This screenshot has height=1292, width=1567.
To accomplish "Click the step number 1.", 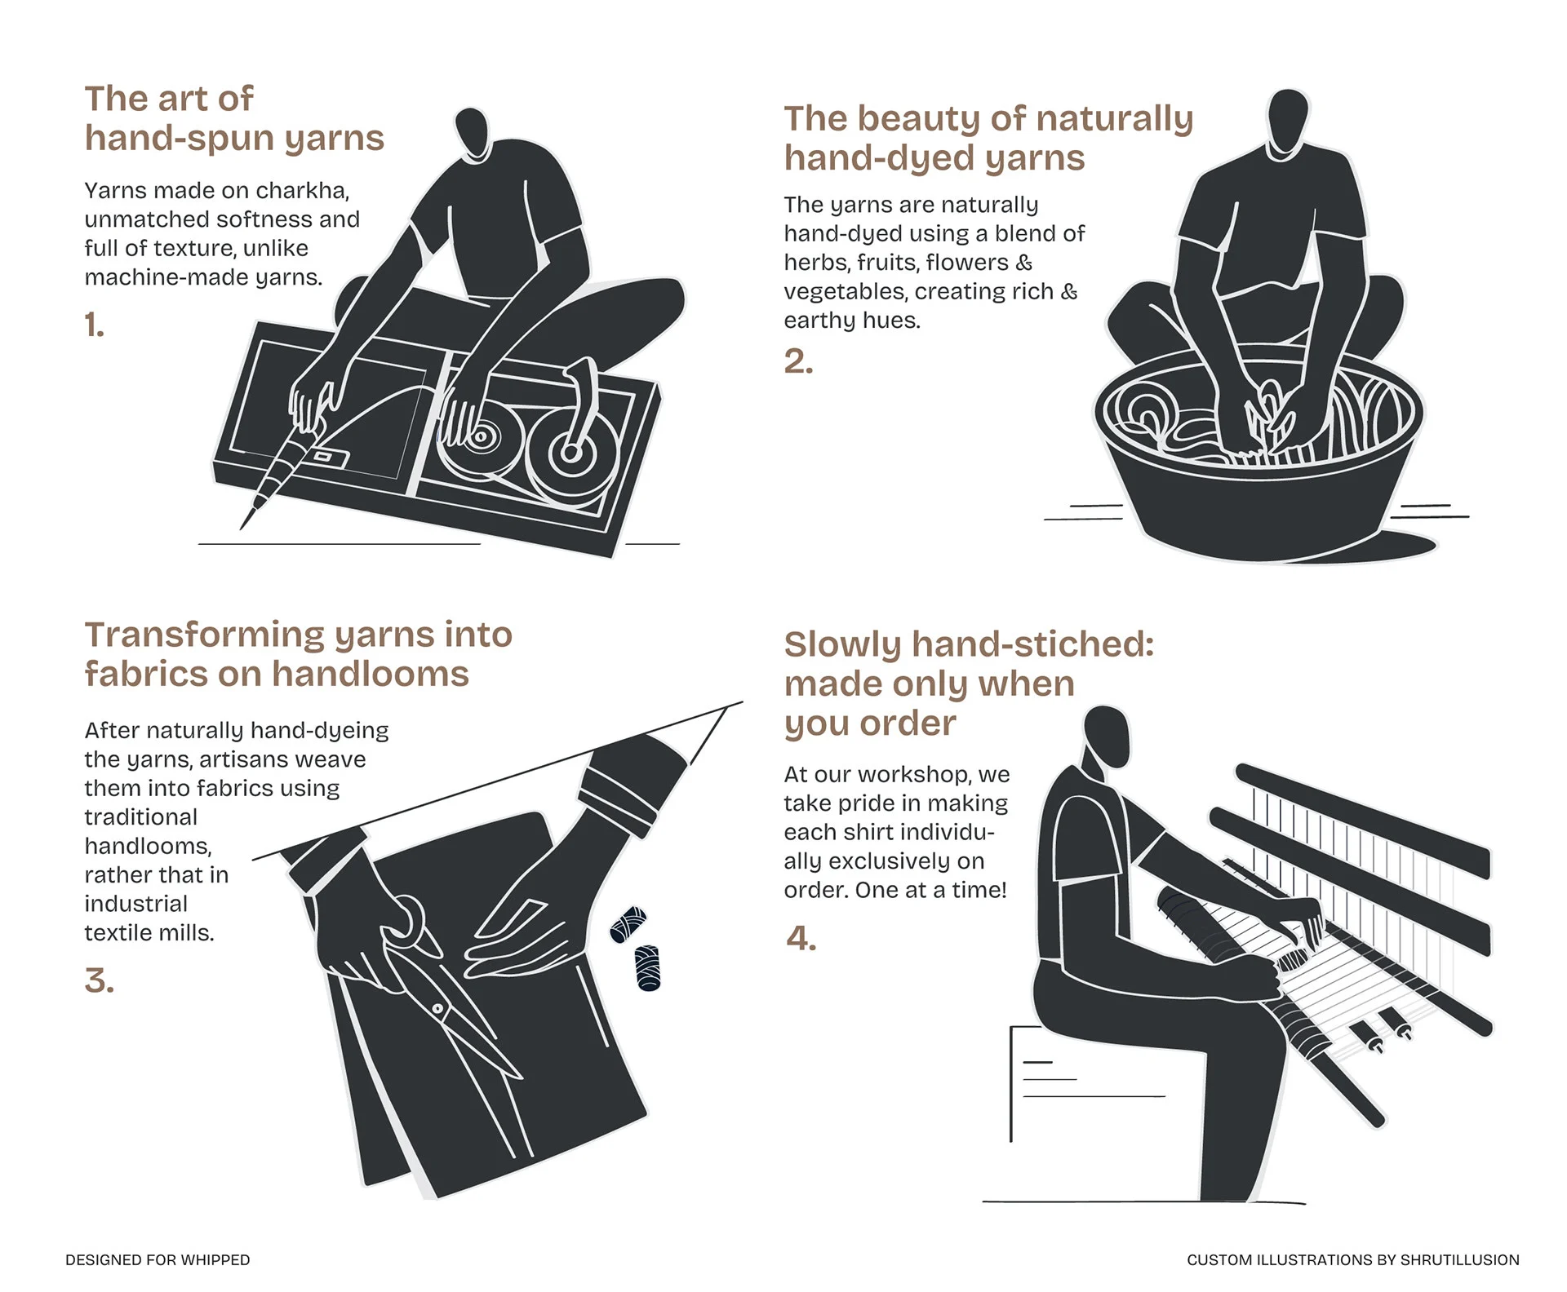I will tap(95, 325).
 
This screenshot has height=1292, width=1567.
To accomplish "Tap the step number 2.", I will tap(798, 361).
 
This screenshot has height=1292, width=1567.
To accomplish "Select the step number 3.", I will tap(99, 980).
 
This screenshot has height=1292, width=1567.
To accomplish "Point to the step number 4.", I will tap(801, 939).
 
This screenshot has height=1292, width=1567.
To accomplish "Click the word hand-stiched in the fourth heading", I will tap(1032, 645).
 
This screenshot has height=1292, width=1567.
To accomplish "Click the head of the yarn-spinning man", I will tap(472, 133).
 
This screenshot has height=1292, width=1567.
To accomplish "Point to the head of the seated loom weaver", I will tap(1107, 736).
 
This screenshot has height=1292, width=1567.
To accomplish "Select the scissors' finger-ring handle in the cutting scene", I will tap(406, 918).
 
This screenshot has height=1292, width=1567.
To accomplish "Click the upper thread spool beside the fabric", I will tap(628, 925).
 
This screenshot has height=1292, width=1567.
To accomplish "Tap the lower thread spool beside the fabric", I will tap(647, 968).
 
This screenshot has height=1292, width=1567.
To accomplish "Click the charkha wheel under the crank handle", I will tap(570, 452).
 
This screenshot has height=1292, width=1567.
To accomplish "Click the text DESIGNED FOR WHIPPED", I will tap(158, 1260).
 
